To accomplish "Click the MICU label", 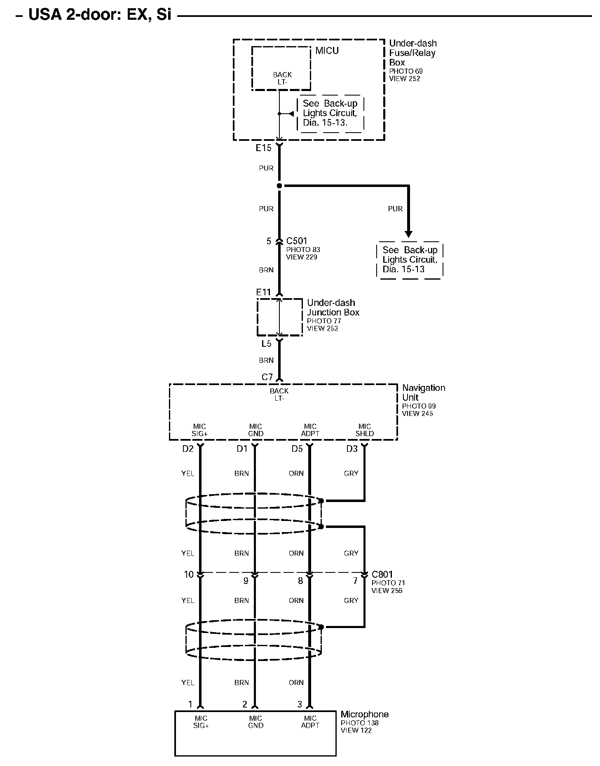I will pos(327,51).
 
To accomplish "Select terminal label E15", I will pos(264,148).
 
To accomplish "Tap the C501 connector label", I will pos(297,241).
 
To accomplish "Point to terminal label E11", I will pos(264,292).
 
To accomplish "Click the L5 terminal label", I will pos(266,344).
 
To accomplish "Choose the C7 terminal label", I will pos(267,377).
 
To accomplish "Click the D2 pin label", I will pos(188,449).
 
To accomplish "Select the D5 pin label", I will pos(297,449).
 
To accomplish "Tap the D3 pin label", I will pos(352,449).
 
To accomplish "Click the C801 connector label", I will pos(382,574).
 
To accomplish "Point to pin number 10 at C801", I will pos(189,574).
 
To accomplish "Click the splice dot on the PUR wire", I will pos(279,186).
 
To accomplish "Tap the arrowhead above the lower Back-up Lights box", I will pos(409,234).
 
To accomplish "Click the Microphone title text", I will pos(364,714).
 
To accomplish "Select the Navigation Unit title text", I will pos(423,392).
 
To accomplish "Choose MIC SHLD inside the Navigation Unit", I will pos(365,430).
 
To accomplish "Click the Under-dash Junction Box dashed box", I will pos(279,318).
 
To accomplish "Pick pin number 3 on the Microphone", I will pos(300,704).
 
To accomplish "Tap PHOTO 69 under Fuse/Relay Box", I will pos(406,71).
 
